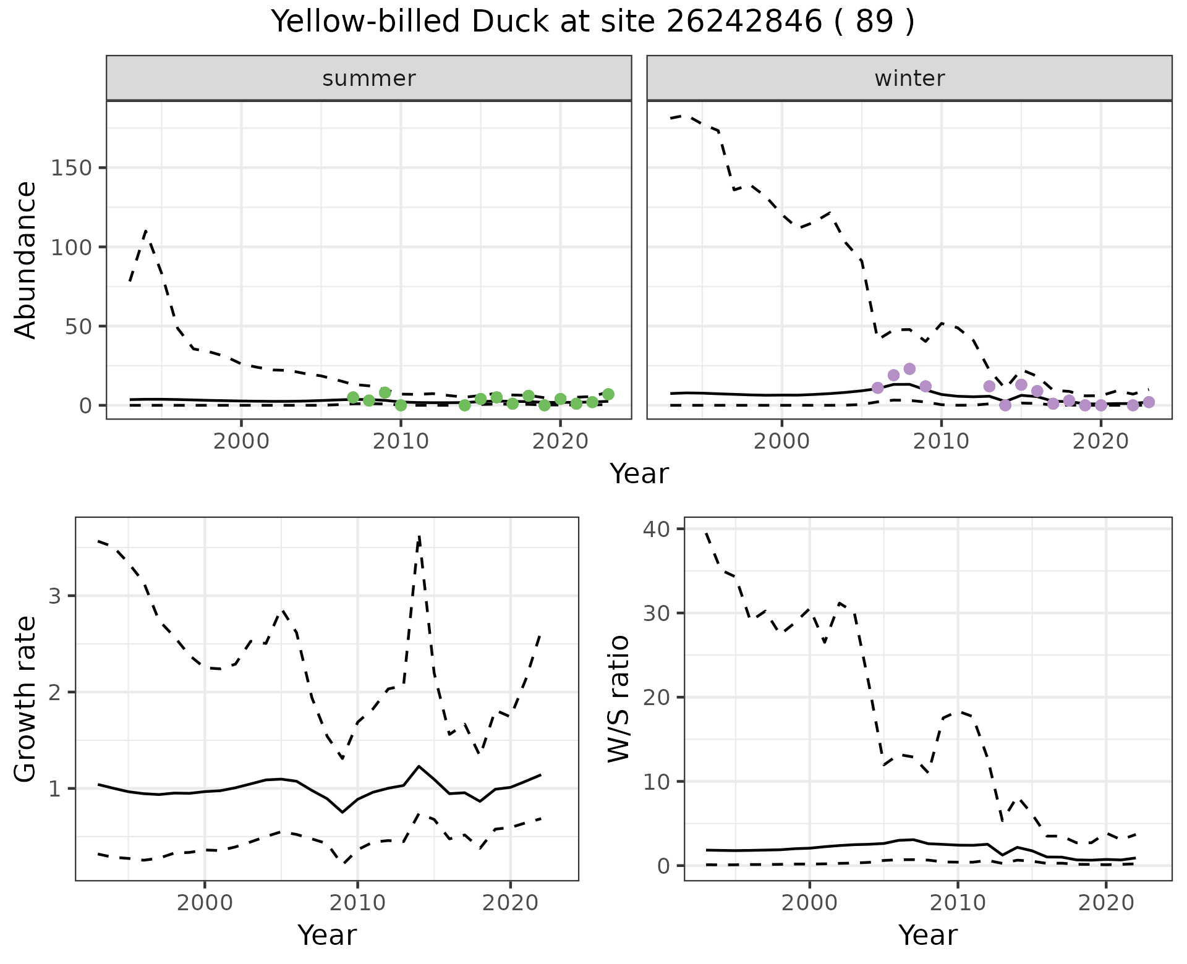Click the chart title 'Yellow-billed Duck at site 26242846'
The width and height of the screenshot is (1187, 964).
click(x=592, y=22)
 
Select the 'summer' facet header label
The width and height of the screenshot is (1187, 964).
click(x=368, y=78)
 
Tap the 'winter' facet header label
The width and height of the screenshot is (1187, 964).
click(x=909, y=78)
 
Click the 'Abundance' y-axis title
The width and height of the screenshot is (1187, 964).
click(x=26, y=260)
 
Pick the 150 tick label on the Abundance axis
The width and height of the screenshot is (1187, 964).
click(x=70, y=168)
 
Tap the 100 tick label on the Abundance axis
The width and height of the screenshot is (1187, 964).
click(x=70, y=247)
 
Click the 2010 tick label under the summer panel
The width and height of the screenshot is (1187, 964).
click(x=401, y=441)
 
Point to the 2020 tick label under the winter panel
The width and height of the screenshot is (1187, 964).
click(x=1100, y=441)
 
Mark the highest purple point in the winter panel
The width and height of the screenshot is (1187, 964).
click(x=909, y=369)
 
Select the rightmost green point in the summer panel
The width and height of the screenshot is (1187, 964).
click(x=608, y=394)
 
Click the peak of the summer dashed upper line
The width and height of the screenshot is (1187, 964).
click(x=145, y=230)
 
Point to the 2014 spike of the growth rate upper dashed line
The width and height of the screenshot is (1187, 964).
click(x=419, y=536)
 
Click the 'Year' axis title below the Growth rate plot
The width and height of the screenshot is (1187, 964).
click(x=326, y=935)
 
